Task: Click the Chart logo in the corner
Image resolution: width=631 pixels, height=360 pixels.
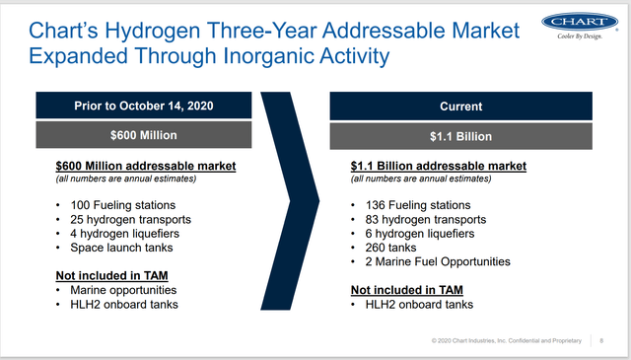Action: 580,26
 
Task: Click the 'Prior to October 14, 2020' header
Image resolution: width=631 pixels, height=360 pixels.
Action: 144,106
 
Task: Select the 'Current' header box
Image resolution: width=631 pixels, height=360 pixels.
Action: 460,107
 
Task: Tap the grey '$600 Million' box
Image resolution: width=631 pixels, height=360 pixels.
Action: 144,135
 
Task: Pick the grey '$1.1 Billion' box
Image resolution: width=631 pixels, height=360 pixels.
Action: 460,136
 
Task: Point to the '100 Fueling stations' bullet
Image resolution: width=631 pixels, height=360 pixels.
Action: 122,205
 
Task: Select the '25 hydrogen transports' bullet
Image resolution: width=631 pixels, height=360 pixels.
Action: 130,220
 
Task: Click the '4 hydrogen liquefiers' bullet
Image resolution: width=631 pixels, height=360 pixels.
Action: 125,234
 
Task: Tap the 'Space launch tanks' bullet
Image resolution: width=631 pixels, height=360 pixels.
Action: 121,248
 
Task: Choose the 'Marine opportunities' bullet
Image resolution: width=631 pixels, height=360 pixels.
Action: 123,290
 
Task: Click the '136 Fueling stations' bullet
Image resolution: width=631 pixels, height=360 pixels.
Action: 418,205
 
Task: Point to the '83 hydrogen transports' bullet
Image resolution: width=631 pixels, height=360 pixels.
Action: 426,220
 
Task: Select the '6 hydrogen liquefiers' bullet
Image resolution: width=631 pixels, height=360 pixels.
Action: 420,234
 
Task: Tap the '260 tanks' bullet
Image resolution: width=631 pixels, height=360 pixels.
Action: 390,248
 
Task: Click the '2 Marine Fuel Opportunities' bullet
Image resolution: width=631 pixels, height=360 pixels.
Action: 438,261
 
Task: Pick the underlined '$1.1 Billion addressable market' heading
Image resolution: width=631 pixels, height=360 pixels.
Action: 438,166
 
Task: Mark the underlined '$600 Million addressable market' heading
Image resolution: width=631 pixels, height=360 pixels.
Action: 146,166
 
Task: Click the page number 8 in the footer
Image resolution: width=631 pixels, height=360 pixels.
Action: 601,340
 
